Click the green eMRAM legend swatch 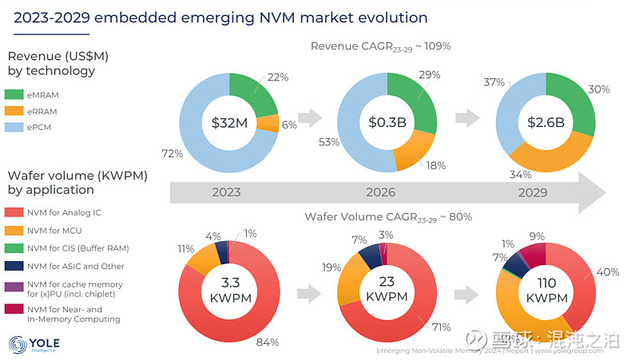[x=16, y=94]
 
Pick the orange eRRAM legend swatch [x=16, y=109]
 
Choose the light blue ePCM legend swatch [x=16, y=125]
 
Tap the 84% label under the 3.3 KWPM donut [x=267, y=342]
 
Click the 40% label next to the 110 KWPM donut [x=607, y=272]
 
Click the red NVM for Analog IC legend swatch [x=16, y=212]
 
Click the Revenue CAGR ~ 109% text [x=381, y=46]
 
